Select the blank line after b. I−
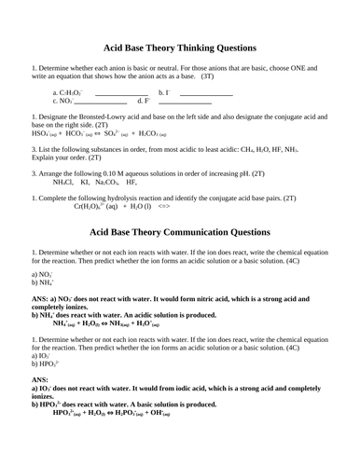(206, 93)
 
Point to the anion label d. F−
(145, 101)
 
